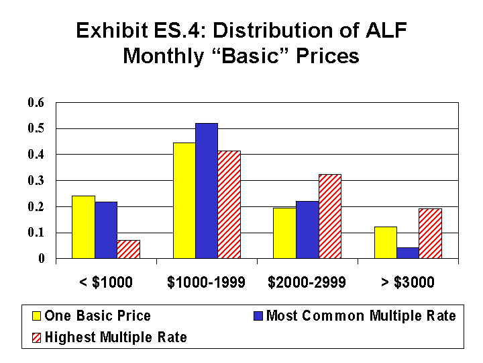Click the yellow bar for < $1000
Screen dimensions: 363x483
(x=83, y=227)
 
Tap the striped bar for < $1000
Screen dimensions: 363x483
(x=128, y=249)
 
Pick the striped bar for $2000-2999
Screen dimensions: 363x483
(x=329, y=216)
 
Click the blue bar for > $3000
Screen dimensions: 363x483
(x=408, y=253)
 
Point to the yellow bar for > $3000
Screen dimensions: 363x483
(x=385, y=243)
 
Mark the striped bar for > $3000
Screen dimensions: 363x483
(x=430, y=234)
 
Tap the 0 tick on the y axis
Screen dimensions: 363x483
(x=41, y=259)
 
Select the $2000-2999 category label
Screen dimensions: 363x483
(x=307, y=282)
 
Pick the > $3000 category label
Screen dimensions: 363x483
(x=407, y=282)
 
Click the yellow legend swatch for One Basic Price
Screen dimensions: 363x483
(x=37, y=316)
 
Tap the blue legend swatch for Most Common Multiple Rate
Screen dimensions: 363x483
(x=259, y=316)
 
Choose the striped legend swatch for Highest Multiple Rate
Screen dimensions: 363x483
(x=37, y=337)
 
